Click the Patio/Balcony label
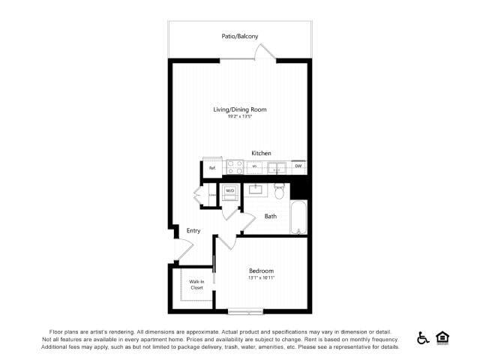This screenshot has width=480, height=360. pyautogui.click(x=239, y=35)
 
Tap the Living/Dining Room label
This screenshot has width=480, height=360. pyautogui.click(x=239, y=109)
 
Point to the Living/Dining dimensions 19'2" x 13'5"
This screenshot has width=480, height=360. pyautogui.click(x=239, y=116)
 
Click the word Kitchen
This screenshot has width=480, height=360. pyautogui.click(x=261, y=152)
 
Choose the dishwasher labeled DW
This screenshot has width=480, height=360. pyautogui.click(x=298, y=166)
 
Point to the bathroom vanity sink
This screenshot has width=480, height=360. pyautogui.click(x=255, y=188)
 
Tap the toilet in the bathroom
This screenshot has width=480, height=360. pyautogui.click(x=279, y=191)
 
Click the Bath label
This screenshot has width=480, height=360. pyautogui.click(x=271, y=217)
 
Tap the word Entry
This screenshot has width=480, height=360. pyautogui.click(x=193, y=230)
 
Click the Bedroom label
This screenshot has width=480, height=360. pyautogui.click(x=261, y=271)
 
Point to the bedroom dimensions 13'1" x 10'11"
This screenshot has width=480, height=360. pyautogui.click(x=261, y=278)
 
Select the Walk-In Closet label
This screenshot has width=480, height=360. pyautogui.click(x=196, y=284)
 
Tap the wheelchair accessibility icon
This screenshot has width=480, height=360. pyautogui.click(x=423, y=338)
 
